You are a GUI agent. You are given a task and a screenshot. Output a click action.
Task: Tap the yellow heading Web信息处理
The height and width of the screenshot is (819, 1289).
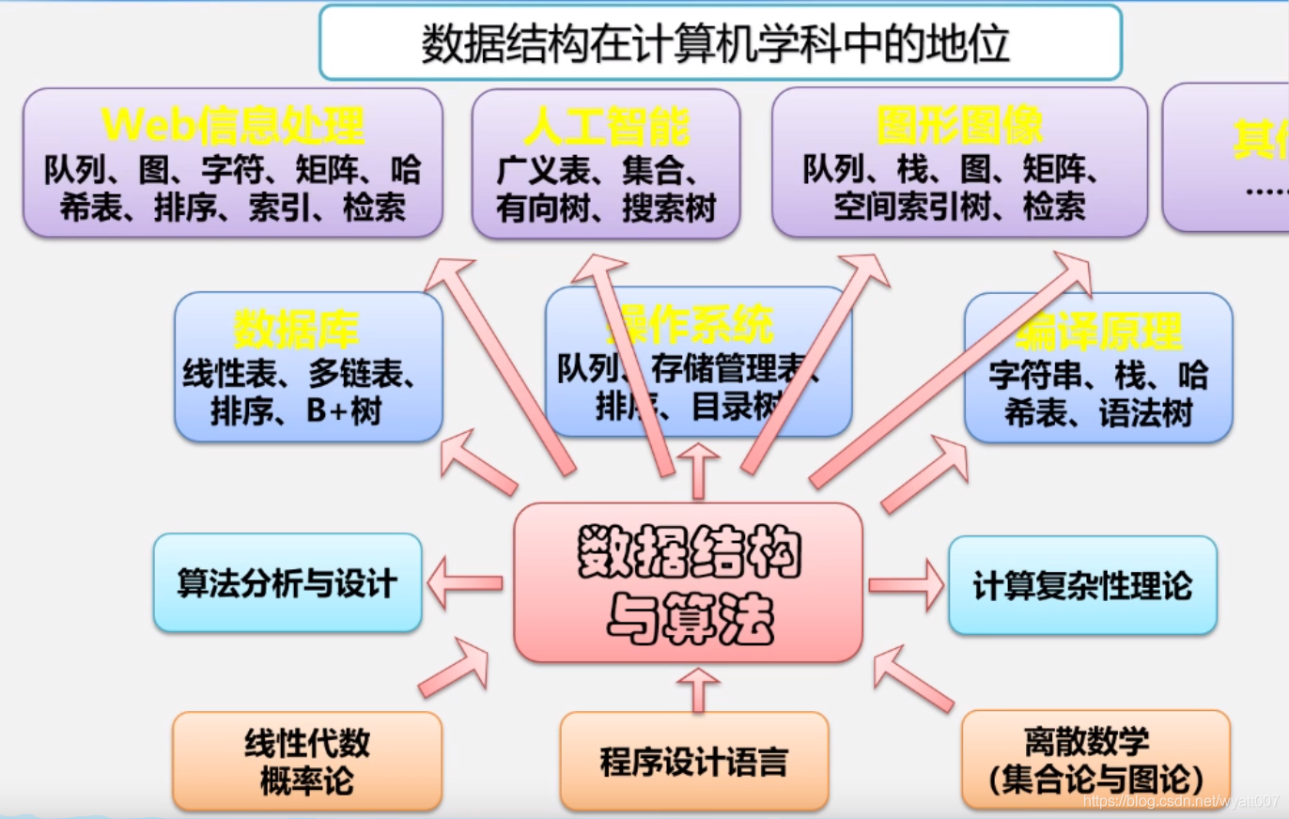(x=233, y=125)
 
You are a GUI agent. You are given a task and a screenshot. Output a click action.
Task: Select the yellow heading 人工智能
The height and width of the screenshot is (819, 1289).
(x=606, y=126)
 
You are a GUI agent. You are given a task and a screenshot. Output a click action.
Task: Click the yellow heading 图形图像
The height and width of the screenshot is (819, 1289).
(x=959, y=126)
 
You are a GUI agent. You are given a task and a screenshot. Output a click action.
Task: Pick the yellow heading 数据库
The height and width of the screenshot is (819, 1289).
(x=297, y=330)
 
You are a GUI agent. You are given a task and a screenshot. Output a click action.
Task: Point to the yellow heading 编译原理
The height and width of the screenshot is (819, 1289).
(x=1098, y=332)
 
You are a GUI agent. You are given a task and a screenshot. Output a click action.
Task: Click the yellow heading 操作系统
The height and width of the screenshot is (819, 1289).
(x=695, y=325)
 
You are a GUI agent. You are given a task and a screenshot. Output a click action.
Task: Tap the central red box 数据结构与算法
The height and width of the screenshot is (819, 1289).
(x=689, y=582)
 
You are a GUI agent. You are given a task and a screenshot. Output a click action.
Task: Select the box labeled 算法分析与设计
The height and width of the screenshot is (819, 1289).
(x=287, y=583)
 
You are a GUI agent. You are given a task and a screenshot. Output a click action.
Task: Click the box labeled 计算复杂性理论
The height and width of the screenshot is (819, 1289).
(x=1082, y=586)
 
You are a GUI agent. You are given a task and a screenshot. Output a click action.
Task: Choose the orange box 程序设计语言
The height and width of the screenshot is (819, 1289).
(x=694, y=762)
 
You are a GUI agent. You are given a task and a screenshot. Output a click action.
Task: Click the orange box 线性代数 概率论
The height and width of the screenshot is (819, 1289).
(x=307, y=762)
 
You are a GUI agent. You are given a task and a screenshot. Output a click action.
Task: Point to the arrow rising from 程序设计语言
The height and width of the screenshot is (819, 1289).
(x=697, y=689)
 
